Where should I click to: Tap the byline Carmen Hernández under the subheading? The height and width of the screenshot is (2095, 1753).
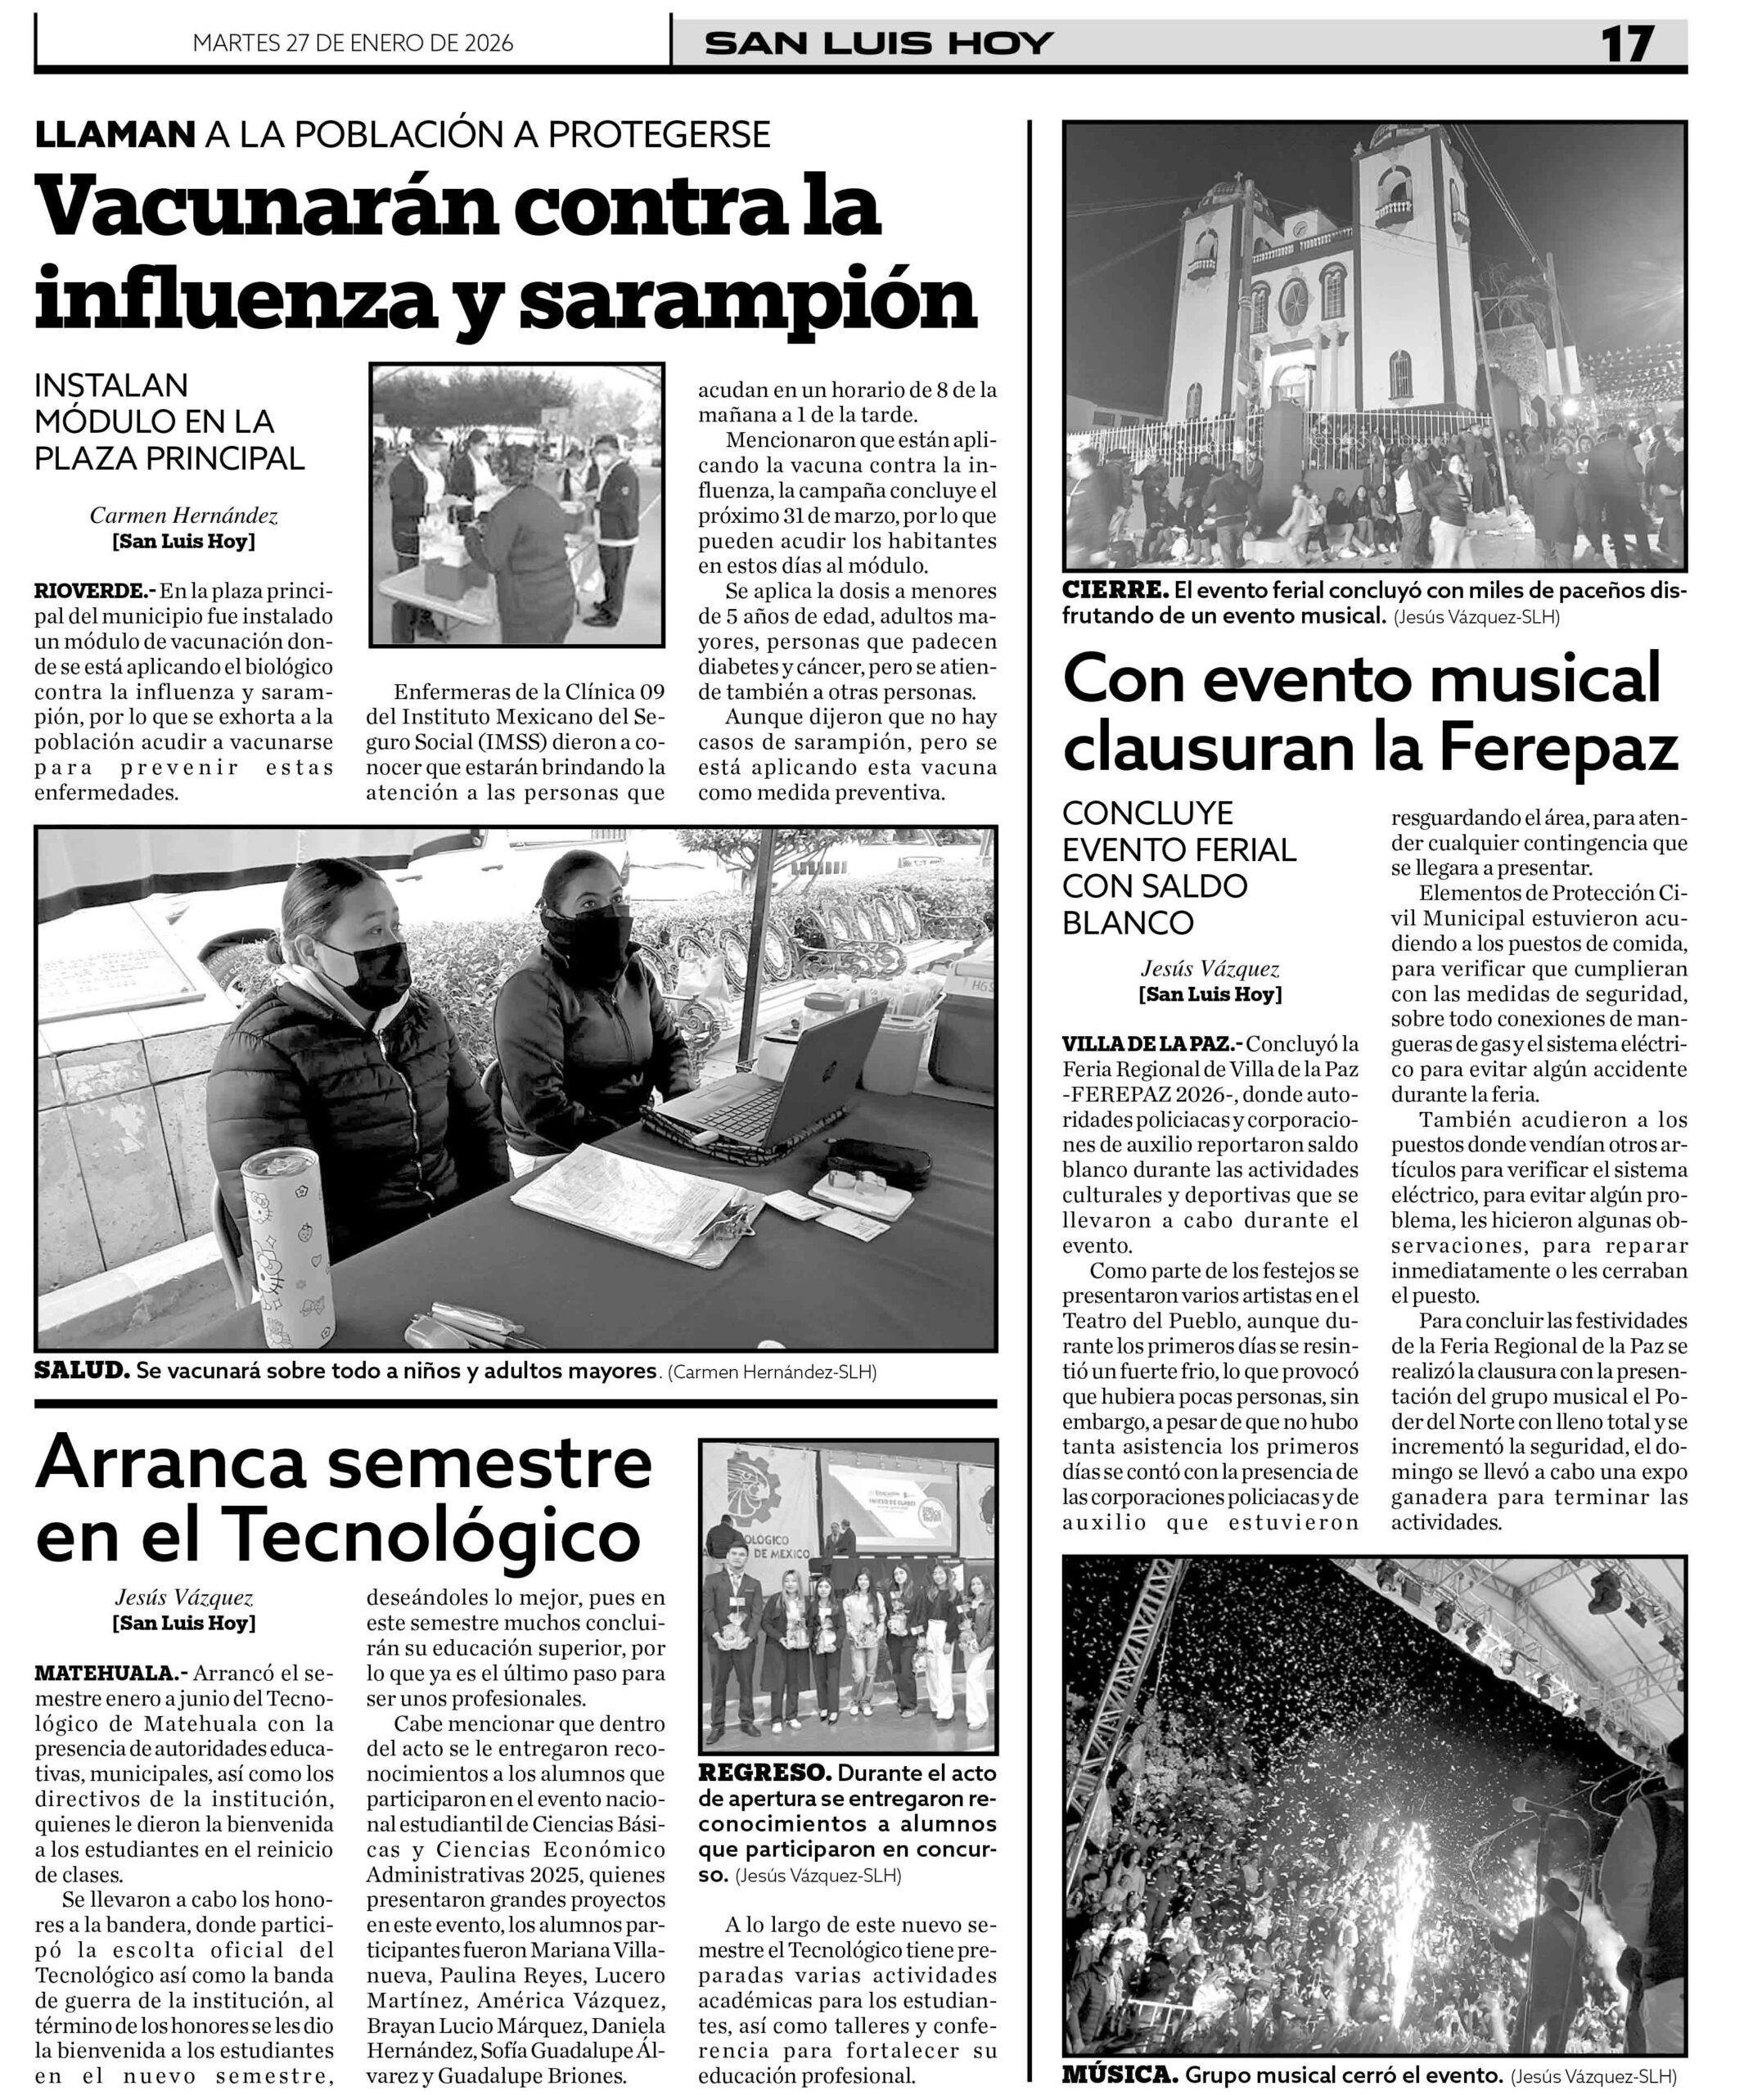coord(183,516)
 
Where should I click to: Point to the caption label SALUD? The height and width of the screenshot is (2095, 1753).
coord(82,1371)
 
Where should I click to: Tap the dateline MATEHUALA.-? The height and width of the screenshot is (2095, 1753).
coord(110,1672)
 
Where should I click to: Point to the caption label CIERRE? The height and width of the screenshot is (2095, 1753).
coord(1115,591)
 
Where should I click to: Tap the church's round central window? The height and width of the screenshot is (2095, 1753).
coord(1293,298)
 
